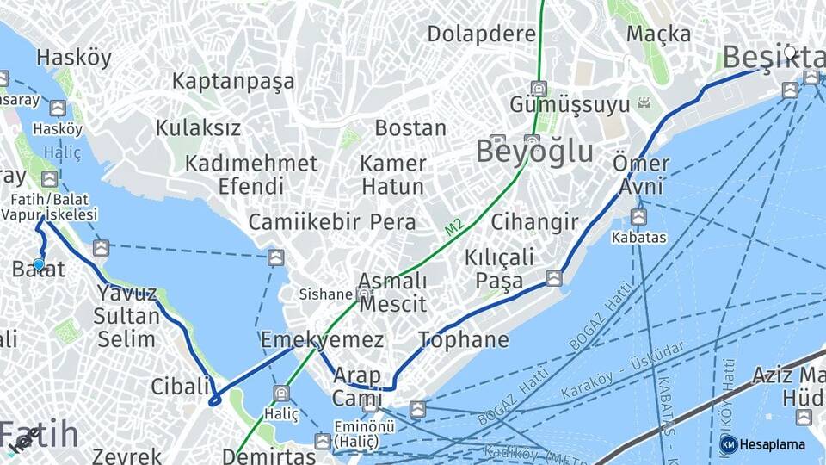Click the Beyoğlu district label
(x=534, y=152)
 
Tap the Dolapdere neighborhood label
(x=481, y=34)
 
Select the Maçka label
(x=658, y=34)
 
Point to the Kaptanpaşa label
(x=233, y=81)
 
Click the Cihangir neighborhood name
(x=534, y=221)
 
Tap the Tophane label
(x=463, y=339)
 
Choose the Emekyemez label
(x=322, y=339)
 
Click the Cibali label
(x=181, y=386)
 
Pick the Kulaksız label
(x=198, y=128)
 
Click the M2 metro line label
(x=454, y=228)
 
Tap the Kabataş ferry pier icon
(x=638, y=217)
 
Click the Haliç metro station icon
(x=280, y=394)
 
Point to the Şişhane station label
(x=326, y=294)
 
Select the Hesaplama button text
(x=772, y=445)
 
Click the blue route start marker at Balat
(x=38, y=264)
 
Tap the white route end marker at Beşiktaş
(x=790, y=52)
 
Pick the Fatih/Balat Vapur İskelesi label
(x=49, y=206)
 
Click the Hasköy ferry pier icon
(x=58, y=108)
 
